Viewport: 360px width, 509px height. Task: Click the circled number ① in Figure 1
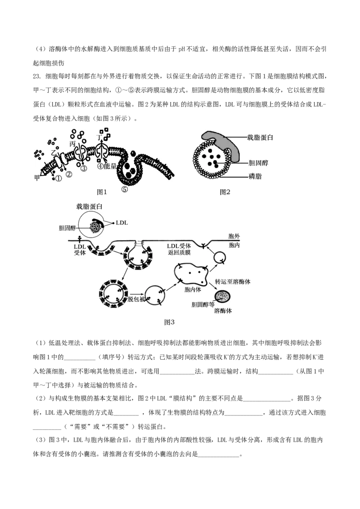pos(58,179)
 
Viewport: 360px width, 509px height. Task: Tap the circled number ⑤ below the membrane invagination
pos(125,189)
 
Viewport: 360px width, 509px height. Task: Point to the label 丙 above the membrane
pos(72,143)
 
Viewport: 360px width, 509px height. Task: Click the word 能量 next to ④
pos(110,166)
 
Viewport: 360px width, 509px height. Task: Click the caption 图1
pos(102,192)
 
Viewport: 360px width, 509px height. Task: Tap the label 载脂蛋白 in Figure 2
pos(260,137)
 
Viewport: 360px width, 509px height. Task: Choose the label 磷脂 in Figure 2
pos(255,177)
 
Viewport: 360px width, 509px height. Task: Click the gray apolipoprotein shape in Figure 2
pos(224,143)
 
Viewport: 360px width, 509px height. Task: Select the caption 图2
pos(225,192)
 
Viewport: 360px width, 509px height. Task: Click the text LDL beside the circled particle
pos(122,223)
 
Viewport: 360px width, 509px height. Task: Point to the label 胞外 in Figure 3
pos(234,237)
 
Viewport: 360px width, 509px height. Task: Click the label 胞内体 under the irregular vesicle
pos(192,290)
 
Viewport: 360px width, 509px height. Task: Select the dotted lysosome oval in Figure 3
pos(223,297)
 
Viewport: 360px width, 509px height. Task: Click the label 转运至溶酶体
pos(233,281)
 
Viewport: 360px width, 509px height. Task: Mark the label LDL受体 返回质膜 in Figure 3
pos(179,249)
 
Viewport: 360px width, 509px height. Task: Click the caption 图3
pos(169,322)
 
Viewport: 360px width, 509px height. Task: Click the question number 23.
pos(37,76)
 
